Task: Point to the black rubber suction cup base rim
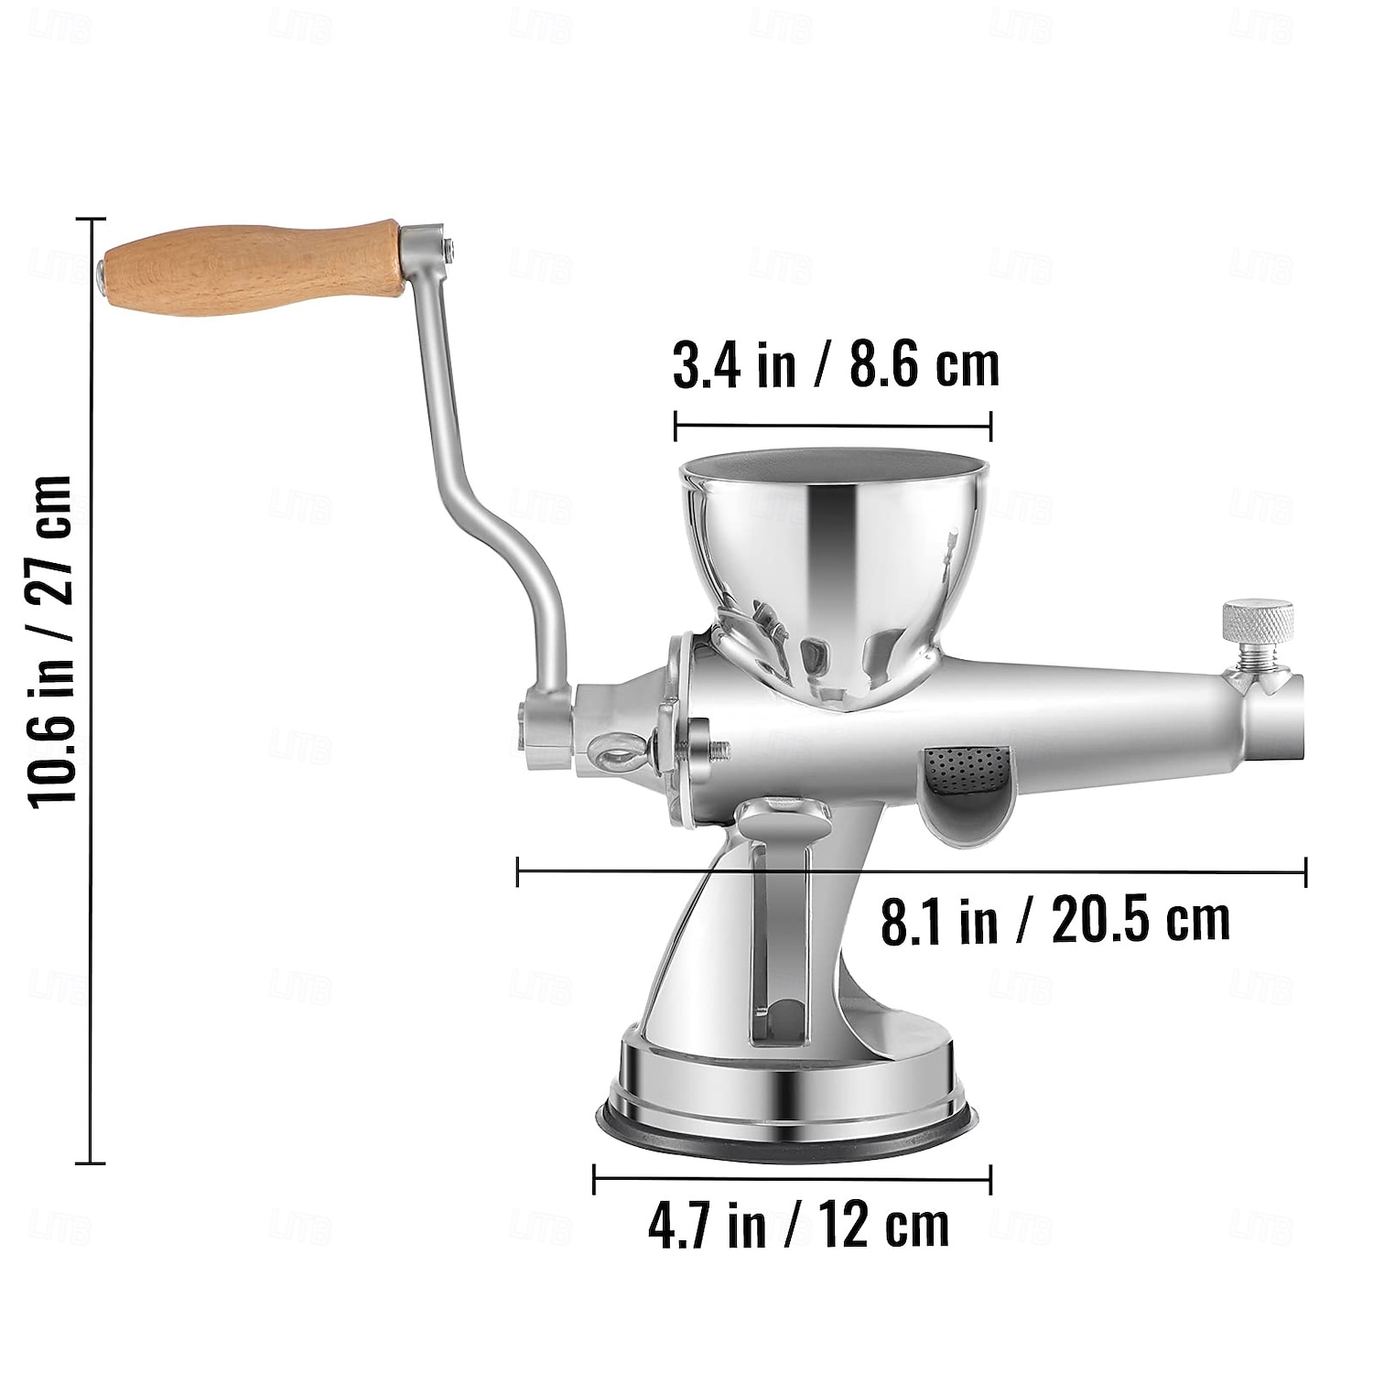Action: (787, 1133)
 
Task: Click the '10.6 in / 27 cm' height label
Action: (51, 641)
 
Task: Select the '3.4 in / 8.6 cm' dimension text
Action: (836, 365)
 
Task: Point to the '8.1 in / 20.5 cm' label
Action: (1054, 921)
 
